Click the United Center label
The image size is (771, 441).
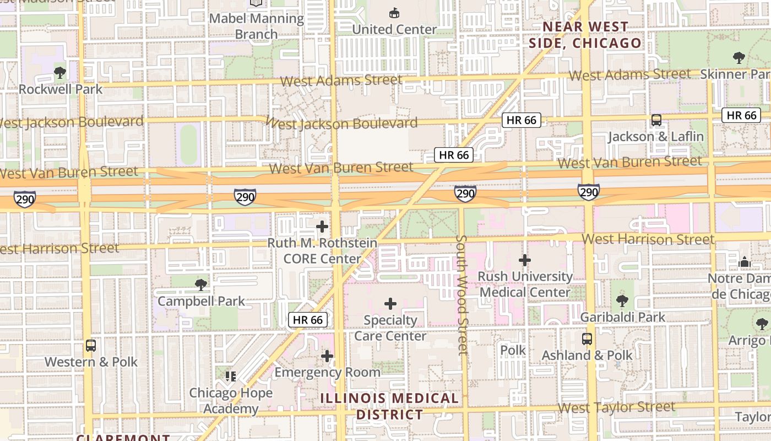click(394, 29)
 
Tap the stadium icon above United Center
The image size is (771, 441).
click(394, 13)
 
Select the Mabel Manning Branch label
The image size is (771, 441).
click(257, 26)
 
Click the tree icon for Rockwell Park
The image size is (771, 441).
click(60, 72)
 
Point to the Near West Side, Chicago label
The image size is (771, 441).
click(585, 35)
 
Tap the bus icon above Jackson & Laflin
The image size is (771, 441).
click(656, 120)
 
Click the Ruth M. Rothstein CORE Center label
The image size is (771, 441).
click(322, 251)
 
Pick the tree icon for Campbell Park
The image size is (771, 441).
click(201, 284)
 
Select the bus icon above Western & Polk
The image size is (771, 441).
click(91, 346)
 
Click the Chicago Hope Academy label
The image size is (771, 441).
click(231, 401)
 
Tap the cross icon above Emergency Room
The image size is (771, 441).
click(327, 356)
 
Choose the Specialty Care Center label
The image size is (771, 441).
click(390, 327)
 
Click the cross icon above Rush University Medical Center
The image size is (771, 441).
click(525, 260)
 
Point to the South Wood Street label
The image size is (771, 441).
click(462, 295)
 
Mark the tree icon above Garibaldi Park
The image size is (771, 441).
click(622, 300)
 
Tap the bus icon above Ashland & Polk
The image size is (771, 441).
click(587, 338)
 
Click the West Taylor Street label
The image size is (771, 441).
click(616, 407)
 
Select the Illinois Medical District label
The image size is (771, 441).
click(389, 406)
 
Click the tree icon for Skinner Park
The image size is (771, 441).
click(739, 57)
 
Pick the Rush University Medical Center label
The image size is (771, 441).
click(525, 284)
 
